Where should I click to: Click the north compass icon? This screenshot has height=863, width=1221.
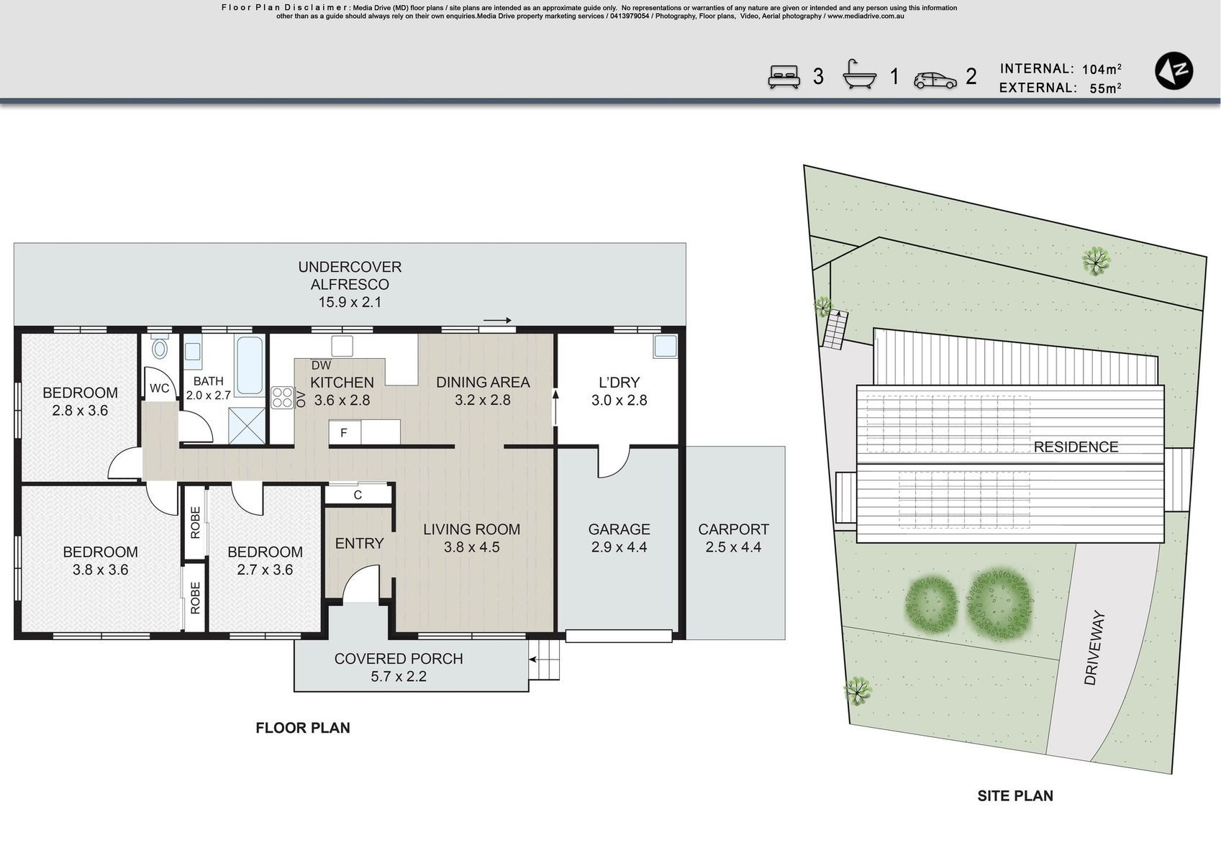click(1174, 70)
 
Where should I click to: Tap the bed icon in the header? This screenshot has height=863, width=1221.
click(784, 77)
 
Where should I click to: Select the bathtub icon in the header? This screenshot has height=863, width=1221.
click(860, 74)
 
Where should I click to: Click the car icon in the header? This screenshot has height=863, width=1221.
click(935, 81)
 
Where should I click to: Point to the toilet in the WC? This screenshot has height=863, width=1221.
click(159, 347)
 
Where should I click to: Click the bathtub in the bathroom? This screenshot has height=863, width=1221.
click(250, 365)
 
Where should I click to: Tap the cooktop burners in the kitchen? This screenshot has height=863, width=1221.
click(282, 397)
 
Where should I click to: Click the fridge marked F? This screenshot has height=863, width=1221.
click(345, 433)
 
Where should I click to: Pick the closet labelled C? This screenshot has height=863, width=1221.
click(358, 495)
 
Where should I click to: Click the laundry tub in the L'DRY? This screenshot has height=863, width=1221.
click(665, 346)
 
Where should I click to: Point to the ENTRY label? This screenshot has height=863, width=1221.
click(359, 543)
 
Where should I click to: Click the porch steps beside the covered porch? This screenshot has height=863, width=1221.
click(545, 659)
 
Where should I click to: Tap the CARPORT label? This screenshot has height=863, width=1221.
click(733, 529)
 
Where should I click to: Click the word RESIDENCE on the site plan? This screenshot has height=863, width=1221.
click(1076, 447)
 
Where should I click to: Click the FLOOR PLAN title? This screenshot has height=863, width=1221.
click(303, 728)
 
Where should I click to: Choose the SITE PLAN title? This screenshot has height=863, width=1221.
click(1015, 796)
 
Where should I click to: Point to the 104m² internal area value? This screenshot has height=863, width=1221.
click(1102, 69)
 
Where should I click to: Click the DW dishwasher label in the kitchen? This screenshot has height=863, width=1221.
click(321, 365)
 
